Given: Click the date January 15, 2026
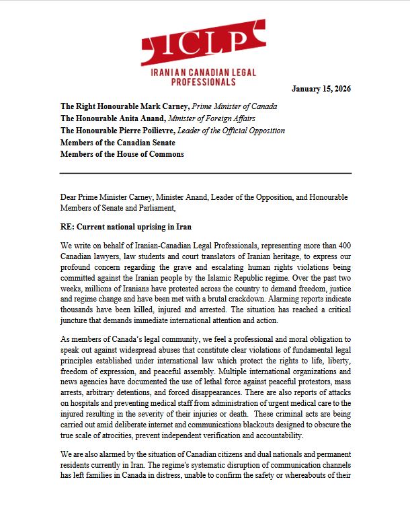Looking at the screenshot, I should click(x=321, y=89).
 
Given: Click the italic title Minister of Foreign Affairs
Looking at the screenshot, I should click(x=227, y=118).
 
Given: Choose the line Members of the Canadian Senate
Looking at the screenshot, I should click(x=118, y=142).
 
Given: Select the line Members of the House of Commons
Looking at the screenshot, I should click(x=122, y=154).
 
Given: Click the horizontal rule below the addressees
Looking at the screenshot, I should click(x=205, y=173).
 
